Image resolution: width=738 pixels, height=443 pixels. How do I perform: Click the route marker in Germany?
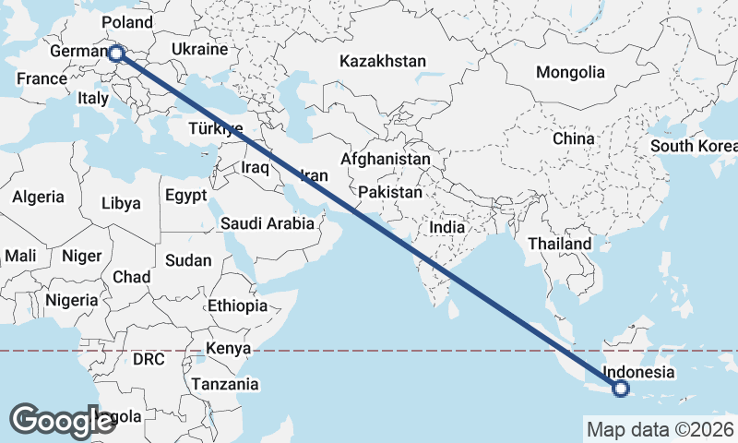click(x=116, y=54)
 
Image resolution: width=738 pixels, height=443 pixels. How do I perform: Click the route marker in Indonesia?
click(x=620, y=389)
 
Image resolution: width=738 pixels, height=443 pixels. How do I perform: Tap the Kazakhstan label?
click(x=383, y=62)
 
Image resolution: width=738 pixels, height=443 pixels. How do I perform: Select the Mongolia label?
click(x=570, y=72)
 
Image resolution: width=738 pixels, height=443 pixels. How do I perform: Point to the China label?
click(x=573, y=138)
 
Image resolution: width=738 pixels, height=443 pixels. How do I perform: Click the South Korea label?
click(x=693, y=146)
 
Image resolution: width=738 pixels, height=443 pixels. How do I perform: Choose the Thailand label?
click(x=560, y=244)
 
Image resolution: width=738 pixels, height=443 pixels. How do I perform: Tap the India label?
click(x=447, y=227)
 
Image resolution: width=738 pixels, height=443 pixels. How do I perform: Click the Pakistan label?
click(x=391, y=193)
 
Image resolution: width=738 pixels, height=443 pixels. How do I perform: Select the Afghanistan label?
click(x=385, y=159)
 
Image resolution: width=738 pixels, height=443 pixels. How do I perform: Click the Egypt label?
click(x=186, y=196)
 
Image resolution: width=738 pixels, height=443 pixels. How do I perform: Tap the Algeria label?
click(x=38, y=197)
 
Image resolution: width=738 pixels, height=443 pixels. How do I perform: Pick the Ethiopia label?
click(x=237, y=305)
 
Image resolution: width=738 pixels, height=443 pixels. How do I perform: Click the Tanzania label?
click(x=224, y=384)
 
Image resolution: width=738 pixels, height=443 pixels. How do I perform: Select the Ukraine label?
click(x=199, y=49)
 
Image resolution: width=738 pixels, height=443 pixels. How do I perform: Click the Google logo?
click(x=63, y=421)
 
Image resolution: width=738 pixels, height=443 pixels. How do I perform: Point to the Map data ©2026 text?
click(x=660, y=429)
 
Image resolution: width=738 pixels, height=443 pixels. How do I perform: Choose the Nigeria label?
click(x=71, y=300)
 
